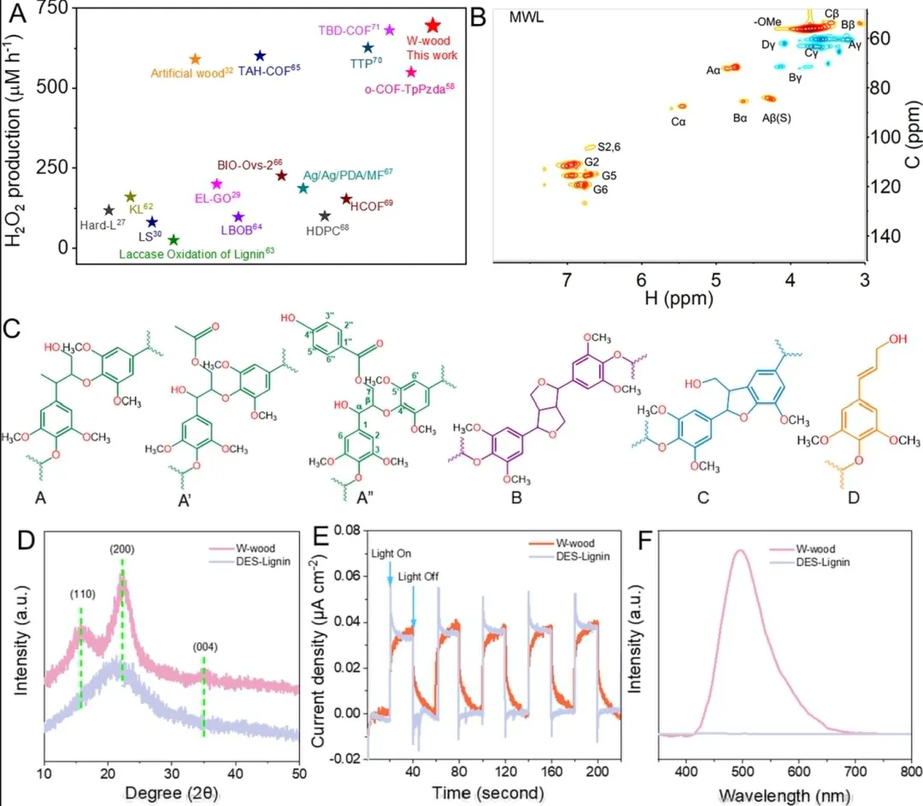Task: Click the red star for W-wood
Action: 432,26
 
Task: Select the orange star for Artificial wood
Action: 194,58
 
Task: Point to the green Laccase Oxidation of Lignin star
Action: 173,240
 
